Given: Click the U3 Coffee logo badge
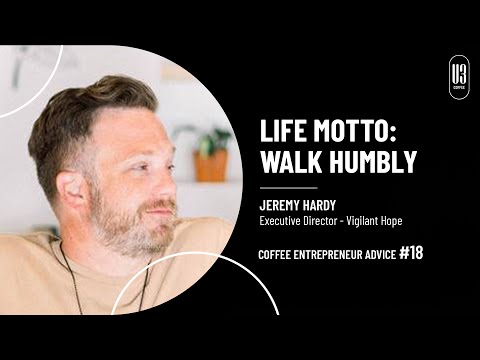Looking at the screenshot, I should tap(458, 77).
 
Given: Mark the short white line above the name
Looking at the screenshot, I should tap(288, 186).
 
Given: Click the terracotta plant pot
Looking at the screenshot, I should tap(210, 166).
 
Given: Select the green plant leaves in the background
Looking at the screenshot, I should tap(207, 140).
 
